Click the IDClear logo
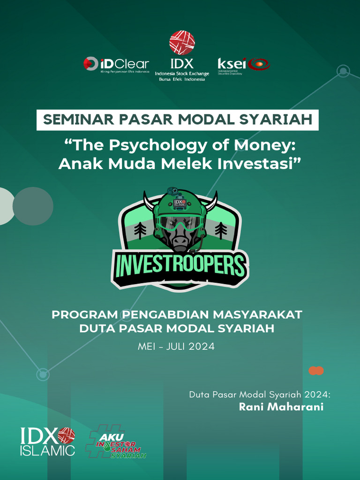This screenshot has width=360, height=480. pos(116,64)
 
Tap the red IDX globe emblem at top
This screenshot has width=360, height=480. pos(182,43)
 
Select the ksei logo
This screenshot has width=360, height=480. pos(243,64)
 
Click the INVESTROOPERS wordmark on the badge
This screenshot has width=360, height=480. pos(180,266)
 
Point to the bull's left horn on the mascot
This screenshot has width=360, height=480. pos(149,202)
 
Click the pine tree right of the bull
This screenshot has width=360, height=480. pos(221,230)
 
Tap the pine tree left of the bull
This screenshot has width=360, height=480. pos(140,230)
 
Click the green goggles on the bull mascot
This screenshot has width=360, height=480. pos(180,223)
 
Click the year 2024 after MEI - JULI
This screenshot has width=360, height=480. pos(202,347)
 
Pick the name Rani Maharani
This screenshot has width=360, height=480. pos(281,406)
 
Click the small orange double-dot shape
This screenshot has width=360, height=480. pos(316,371)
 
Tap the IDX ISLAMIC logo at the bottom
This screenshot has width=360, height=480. pos(47,441)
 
